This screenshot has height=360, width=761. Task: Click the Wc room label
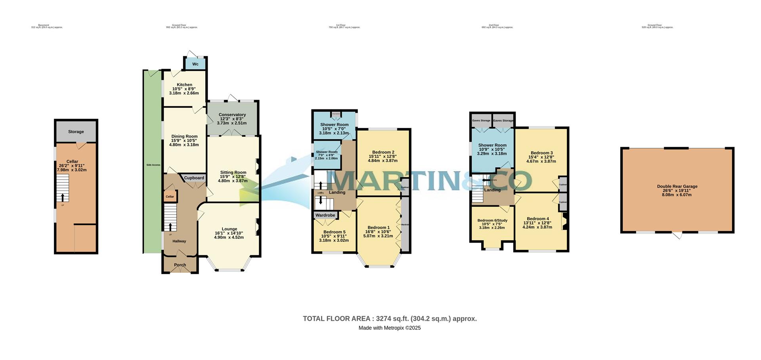click(195, 64)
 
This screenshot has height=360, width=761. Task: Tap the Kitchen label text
click(184, 85)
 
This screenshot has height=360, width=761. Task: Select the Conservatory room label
click(232, 115)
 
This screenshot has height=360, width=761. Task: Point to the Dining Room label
click(184, 136)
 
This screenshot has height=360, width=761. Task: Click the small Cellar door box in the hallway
click(170, 197)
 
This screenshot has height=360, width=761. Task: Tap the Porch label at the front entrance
click(180, 265)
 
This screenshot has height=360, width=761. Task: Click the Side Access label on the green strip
click(153, 165)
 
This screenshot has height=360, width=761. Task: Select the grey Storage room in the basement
click(76, 132)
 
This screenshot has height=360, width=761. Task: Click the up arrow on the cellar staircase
click(62, 197)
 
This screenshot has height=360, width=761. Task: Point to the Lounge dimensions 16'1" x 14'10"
click(229, 233)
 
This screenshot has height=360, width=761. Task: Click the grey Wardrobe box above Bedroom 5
click(325, 215)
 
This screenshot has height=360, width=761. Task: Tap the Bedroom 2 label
click(383, 152)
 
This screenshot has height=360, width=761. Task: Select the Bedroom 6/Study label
click(492, 220)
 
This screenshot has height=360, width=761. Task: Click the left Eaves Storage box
click(481, 121)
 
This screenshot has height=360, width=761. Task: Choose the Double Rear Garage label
click(677, 186)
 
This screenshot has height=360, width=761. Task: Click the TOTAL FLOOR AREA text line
click(390, 318)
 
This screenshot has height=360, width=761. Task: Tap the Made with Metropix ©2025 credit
click(390, 328)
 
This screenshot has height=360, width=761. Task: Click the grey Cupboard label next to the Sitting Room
click(194, 178)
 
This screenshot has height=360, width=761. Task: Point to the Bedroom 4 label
click(537, 219)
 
